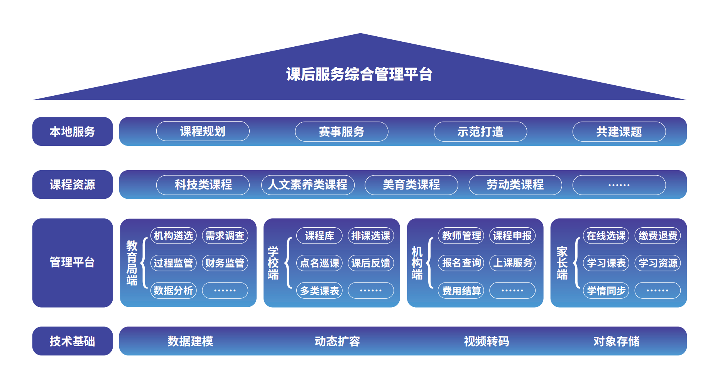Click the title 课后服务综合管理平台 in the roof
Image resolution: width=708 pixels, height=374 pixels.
click(x=359, y=74)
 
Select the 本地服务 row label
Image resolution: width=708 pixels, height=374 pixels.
click(x=73, y=132)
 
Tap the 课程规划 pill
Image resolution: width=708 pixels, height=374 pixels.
click(x=203, y=132)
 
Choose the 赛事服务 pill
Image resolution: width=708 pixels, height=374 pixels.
click(x=341, y=132)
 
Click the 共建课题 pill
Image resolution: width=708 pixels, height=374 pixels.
click(x=619, y=132)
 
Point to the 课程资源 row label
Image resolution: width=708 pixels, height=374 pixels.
click(x=73, y=184)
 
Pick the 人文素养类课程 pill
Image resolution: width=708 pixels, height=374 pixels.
click(x=308, y=185)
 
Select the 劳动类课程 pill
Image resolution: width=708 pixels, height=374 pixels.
click(x=515, y=185)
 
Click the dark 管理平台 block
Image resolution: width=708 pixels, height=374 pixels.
click(x=73, y=262)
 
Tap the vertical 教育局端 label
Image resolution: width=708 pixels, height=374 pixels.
click(x=132, y=263)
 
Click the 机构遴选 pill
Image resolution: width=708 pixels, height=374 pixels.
click(x=173, y=235)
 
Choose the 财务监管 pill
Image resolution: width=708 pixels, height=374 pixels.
click(x=225, y=263)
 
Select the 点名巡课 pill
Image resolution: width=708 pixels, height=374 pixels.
click(x=319, y=263)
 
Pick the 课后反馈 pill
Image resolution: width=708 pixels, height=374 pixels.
click(x=371, y=263)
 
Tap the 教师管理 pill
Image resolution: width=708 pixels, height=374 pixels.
click(x=461, y=235)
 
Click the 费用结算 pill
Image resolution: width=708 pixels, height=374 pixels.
click(x=461, y=291)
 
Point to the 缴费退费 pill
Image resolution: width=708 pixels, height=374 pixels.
click(x=657, y=235)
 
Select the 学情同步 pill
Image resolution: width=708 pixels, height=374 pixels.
click(x=606, y=291)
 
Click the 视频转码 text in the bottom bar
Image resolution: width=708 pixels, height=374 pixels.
click(x=486, y=341)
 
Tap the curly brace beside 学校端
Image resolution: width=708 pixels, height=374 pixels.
click(x=289, y=263)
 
